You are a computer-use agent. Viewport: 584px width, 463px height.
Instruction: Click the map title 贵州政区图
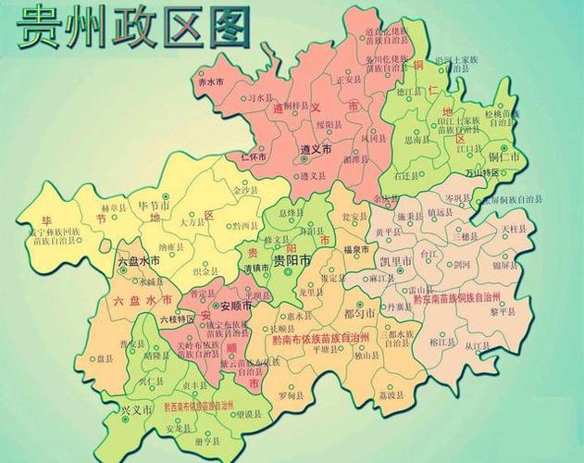(x=134, y=28)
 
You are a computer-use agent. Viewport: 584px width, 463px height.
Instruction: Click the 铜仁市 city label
(x=508, y=157)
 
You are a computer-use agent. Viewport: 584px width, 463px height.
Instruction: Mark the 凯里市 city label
(x=391, y=262)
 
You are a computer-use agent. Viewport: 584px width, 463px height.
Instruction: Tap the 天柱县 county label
(x=514, y=228)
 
